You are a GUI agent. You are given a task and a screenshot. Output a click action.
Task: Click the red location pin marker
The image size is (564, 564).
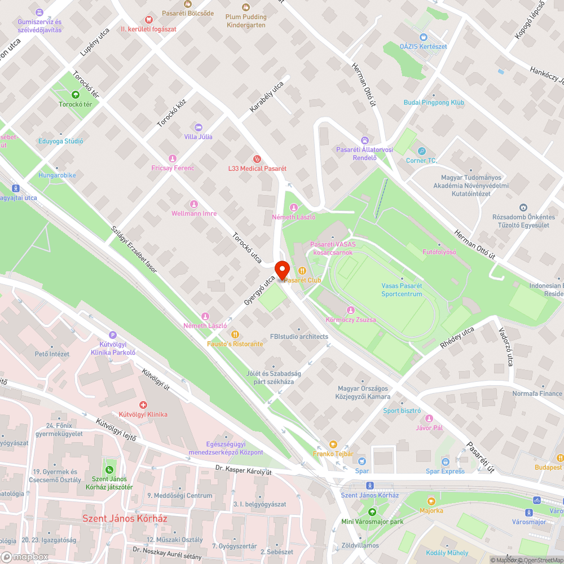(x=282, y=270)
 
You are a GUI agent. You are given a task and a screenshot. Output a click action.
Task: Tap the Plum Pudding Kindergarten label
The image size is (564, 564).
(x=246, y=21)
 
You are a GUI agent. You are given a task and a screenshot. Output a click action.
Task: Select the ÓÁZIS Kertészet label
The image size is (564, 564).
(x=423, y=46)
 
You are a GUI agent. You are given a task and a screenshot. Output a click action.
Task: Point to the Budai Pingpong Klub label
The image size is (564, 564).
(x=434, y=103)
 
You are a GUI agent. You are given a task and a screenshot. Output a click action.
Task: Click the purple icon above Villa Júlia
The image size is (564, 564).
(x=197, y=127)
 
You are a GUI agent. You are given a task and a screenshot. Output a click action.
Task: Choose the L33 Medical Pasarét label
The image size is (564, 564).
(x=257, y=169)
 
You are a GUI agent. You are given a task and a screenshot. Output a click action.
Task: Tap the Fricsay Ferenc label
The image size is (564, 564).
(x=173, y=168)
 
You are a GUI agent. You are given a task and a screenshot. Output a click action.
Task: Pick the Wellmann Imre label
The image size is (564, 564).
(x=194, y=214)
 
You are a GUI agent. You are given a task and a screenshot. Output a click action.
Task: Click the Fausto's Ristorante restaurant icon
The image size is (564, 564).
(x=235, y=334)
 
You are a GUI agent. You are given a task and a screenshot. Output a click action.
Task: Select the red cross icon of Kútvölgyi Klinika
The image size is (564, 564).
(x=143, y=405)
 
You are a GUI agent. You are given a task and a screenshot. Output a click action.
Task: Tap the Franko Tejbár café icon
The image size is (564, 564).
(x=333, y=444)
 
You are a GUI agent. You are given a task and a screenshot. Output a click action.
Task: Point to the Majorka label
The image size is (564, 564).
(x=431, y=510)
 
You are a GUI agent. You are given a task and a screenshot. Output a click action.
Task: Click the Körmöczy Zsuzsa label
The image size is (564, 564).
(x=351, y=320)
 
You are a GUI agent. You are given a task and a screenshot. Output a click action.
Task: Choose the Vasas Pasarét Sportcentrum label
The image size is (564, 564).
(x=402, y=290)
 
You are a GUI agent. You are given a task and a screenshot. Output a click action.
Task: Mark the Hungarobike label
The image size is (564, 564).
(x=57, y=175)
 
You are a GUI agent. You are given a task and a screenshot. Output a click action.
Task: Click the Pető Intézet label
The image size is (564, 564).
(x=52, y=354)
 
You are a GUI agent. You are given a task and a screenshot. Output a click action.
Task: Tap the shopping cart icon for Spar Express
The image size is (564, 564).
(x=445, y=462)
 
